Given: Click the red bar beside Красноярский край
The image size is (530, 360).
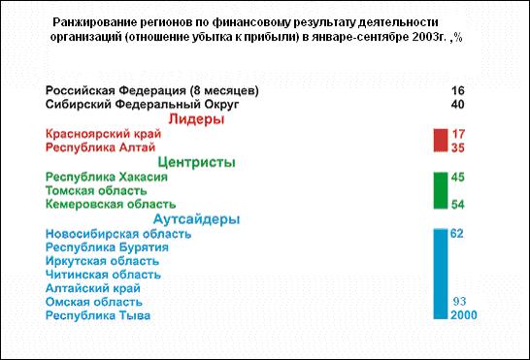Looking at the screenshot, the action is [x=441, y=141].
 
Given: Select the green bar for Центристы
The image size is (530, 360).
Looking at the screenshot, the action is [x=441, y=190].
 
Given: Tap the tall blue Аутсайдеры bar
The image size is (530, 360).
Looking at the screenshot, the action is [x=441, y=274].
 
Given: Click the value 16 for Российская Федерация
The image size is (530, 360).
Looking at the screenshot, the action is [x=457, y=90].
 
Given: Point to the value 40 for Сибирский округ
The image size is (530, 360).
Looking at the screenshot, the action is [x=457, y=104].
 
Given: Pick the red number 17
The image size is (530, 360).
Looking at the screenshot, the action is [x=458, y=134].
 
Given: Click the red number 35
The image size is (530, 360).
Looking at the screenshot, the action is [x=457, y=147].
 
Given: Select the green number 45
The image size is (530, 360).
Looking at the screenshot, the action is [x=457, y=178].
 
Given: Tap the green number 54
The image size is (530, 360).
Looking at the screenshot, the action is [x=457, y=204].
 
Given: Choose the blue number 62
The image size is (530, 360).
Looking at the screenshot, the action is [x=456, y=234].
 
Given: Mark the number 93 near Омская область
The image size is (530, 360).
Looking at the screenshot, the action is [x=459, y=301].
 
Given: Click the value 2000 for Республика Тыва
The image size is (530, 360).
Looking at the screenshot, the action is [x=463, y=314].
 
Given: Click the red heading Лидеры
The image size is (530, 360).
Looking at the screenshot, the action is [x=196, y=119].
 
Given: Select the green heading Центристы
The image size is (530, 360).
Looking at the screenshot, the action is [x=196, y=162].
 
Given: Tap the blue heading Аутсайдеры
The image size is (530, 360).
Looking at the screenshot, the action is [x=196, y=219].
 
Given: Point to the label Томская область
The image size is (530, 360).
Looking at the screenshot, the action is [x=96, y=190].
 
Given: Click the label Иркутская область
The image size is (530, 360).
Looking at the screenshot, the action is [x=102, y=261].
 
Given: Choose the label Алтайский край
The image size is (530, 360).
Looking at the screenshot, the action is [x=93, y=288].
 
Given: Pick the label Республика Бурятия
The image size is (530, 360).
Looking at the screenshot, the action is [x=107, y=247].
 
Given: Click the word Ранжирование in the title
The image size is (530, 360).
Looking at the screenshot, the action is [x=95, y=22].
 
